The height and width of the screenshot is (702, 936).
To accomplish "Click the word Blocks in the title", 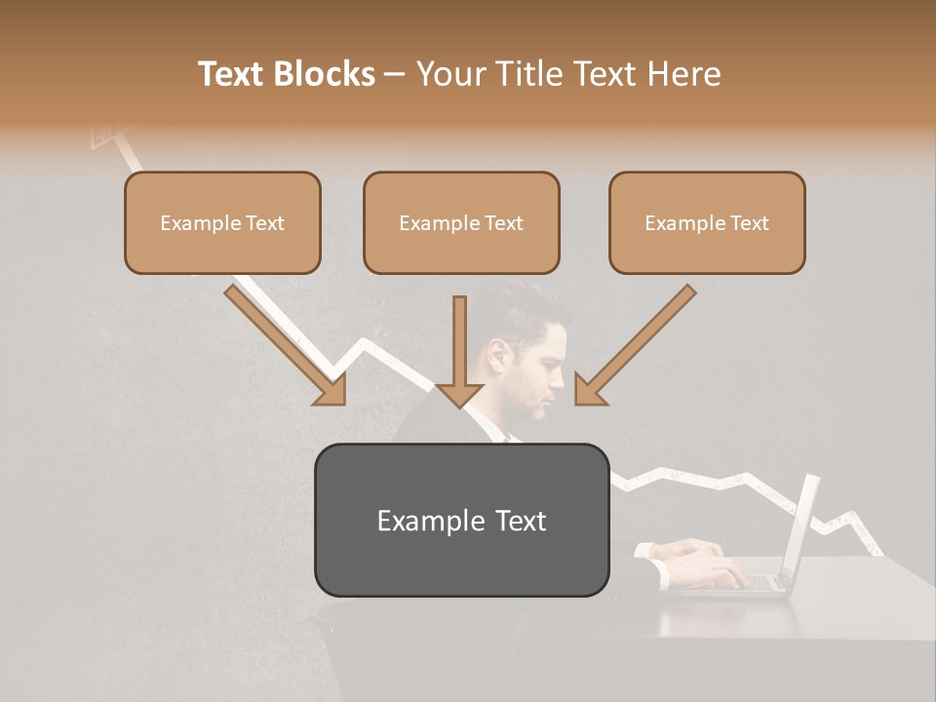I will [x=327, y=74].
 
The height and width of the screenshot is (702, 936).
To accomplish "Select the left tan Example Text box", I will [x=222, y=223].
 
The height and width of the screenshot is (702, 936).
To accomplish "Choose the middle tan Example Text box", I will [x=461, y=223].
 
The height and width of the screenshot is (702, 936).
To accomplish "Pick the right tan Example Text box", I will [x=707, y=223].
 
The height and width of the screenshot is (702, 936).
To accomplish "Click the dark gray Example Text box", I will [x=461, y=521].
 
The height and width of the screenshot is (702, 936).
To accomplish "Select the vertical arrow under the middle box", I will [x=459, y=351].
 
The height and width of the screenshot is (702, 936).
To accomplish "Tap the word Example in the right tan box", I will [x=681, y=223].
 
